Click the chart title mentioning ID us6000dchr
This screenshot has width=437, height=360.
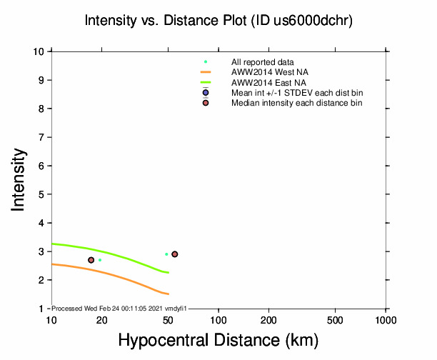(218, 21)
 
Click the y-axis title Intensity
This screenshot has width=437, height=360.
(20, 179)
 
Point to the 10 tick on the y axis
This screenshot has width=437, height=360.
(42, 51)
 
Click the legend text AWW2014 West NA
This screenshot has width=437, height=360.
(263, 72)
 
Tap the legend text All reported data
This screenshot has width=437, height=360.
(262, 62)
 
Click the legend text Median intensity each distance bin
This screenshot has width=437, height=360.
(296, 103)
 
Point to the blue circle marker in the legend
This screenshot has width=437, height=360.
(206, 93)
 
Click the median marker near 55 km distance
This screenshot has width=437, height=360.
(175, 254)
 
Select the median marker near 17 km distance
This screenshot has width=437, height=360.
(91, 260)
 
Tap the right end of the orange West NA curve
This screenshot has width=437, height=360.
(168, 294)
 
